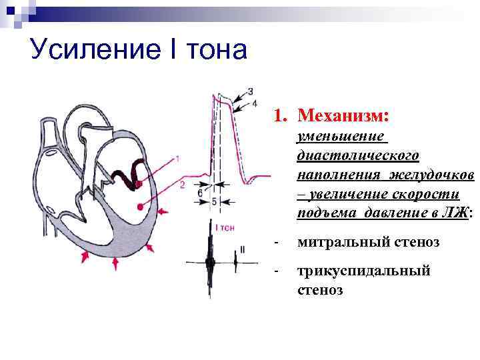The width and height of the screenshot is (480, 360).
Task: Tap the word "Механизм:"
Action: click(343, 116)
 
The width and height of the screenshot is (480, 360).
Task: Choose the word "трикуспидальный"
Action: click(364, 271)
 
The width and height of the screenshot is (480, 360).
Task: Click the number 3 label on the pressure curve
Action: click(249, 91)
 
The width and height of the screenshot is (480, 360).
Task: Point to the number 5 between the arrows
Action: click(213, 201)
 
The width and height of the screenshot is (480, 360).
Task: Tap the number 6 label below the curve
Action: click(200, 192)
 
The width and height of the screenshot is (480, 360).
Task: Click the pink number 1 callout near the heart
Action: click(177, 158)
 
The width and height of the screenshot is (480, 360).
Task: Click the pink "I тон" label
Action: click(225, 227)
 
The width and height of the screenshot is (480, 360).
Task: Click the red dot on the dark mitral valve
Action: click(137, 184)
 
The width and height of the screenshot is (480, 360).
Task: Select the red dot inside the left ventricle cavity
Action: click(140, 207)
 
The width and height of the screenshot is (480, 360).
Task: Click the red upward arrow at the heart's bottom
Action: click(117, 264)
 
